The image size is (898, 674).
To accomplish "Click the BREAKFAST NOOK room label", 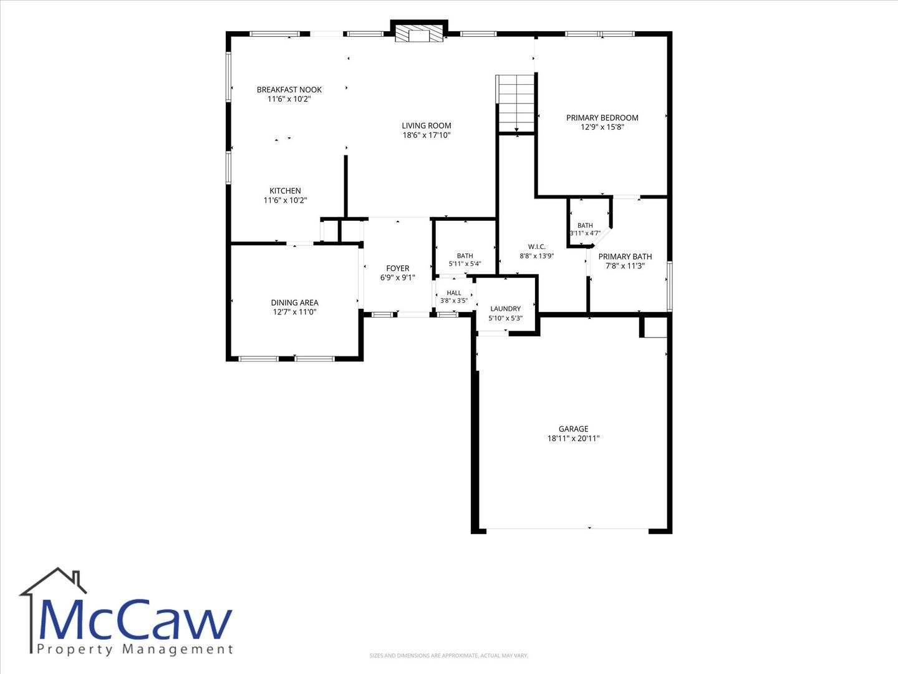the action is (x=289, y=90).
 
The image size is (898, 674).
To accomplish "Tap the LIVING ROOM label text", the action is (x=427, y=125).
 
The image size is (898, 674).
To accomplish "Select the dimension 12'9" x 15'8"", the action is (x=602, y=127).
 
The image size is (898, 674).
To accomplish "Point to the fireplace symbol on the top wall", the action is (x=419, y=34).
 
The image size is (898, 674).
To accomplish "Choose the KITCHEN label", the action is (x=285, y=191).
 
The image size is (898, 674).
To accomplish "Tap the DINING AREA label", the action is (x=294, y=303).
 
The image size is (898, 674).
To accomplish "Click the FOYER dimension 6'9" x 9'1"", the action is (x=398, y=278).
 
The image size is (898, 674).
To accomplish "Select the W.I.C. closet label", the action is (x=537, y=247).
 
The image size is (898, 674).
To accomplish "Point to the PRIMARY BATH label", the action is (x=625, y=256).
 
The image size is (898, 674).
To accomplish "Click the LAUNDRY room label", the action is (x=506, y=309).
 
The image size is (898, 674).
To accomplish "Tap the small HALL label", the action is (x=454, y=293).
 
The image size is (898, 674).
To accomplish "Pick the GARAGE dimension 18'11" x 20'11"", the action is (x=574, y=438).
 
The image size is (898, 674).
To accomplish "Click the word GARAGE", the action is (x=574, y=429).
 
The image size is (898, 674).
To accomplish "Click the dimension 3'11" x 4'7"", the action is (x=585, y=233).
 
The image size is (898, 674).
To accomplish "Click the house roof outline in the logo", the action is (x=53, y=580).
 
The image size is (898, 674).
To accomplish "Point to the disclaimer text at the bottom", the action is (x=449, y=655).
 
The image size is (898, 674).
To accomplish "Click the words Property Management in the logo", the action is (x=135, y=650).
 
